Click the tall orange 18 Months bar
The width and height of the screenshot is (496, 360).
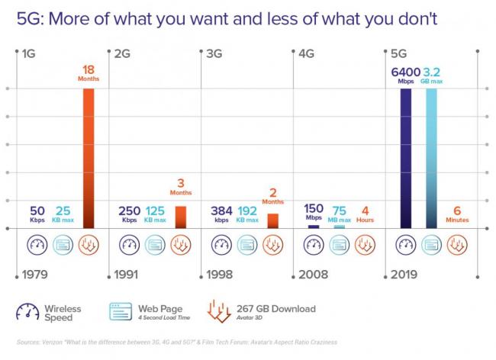point(89,158)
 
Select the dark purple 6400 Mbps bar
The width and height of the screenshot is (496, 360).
point(405,158)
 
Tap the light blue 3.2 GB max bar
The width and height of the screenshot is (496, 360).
point(431,158)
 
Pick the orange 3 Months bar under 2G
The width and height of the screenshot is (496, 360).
point(181,217)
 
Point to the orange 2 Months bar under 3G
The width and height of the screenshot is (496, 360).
point(272,220)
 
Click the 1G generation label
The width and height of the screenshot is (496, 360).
point(29,54)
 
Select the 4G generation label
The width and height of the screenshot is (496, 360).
point(306,54)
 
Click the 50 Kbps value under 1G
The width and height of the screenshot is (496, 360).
point(37,214)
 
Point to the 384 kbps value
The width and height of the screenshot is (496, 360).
point(221,214)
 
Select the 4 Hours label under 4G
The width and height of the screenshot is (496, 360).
point(366,214)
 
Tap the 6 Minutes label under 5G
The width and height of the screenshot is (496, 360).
point(458,214)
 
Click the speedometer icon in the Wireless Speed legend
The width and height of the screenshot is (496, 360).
point(28,312)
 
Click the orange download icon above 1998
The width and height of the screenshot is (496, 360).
point(272,245)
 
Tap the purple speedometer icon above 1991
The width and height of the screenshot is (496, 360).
point(129,245)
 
